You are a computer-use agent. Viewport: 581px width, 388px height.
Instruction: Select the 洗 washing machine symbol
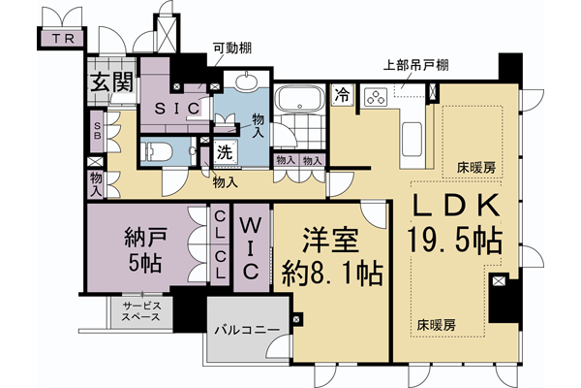pos(224,152)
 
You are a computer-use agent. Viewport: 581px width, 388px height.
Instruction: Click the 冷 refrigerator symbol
pos(343,95)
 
